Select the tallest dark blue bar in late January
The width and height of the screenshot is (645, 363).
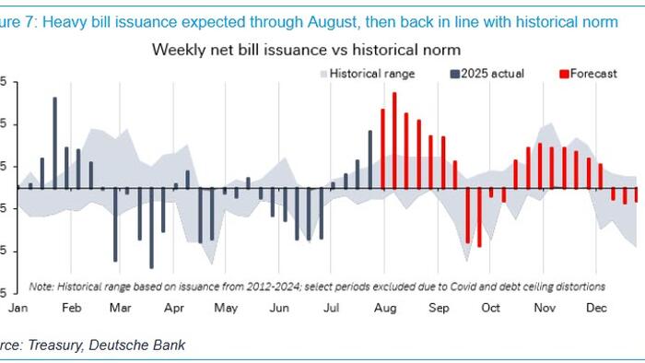54,143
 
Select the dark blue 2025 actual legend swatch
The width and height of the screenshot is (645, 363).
455,73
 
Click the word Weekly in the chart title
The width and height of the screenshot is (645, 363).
177,49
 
